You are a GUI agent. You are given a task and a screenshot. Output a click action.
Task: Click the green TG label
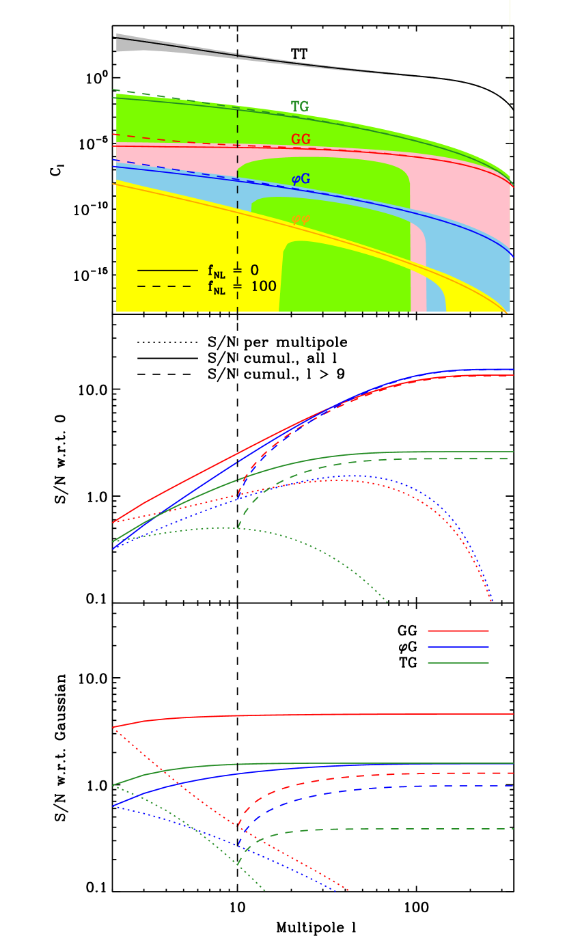[x=300, y=107]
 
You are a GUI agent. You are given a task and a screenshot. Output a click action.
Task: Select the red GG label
[x=301, y=139]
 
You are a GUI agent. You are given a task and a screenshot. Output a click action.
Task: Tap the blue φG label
[x=301, y=179]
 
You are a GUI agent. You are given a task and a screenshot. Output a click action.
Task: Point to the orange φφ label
[x=301, y=219]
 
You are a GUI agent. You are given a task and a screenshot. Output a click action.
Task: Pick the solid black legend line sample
[x=167, y=271]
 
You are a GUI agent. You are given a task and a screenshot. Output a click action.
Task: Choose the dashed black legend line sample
[x=167, y=286]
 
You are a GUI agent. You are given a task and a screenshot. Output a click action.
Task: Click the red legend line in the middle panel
[x=458, y=631]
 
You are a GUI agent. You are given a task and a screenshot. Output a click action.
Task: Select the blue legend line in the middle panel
[x=458, y=646]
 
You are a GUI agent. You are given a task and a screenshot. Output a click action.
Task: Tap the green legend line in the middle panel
[x=458, y=663]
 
